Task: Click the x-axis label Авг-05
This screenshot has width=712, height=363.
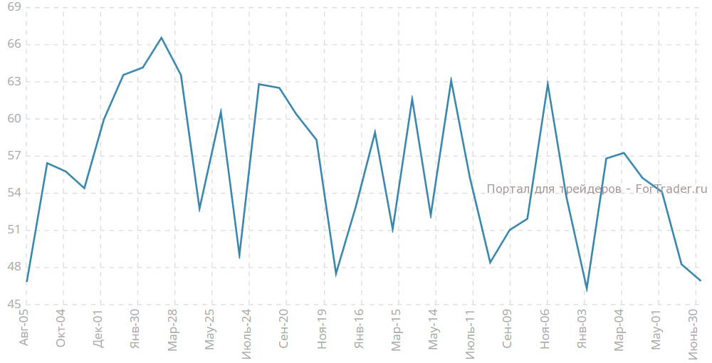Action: [23, 328]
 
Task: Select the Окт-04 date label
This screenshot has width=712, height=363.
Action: [61, 328]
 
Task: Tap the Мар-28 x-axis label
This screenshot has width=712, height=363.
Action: [172, 330]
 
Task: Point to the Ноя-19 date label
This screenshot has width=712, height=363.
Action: [322, 329]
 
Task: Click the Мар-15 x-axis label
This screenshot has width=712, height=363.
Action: [396, 330]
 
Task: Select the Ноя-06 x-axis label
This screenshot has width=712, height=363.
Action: [545, 329]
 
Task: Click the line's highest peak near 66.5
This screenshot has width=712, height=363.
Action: [161, 38]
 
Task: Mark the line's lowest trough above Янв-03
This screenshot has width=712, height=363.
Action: [587, 289]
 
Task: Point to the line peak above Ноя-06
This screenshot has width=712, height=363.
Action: [548, 83]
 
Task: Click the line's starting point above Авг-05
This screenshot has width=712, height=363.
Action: [27, 282]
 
